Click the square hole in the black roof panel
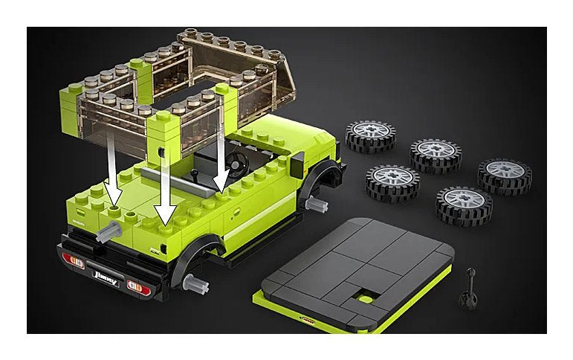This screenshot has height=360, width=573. (x=364, y=297)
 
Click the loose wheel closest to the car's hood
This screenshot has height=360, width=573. (x=370, y=136)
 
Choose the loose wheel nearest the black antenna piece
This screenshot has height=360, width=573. (x=463, y=205)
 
